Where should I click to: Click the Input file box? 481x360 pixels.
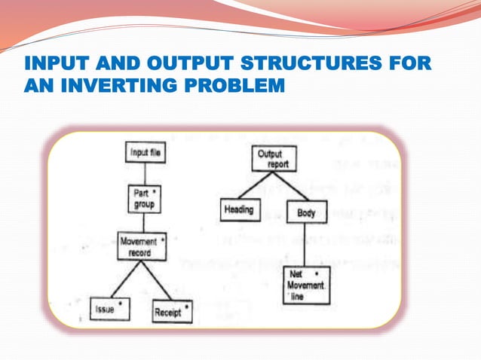coord(143,153)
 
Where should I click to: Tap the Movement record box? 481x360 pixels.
coord(141,247)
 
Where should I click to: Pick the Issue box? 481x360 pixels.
coord(109,307)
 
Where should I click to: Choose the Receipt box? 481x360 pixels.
coord(171,310)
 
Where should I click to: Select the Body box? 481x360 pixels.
coord(306,213)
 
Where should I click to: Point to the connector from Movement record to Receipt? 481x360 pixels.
coord(157,279)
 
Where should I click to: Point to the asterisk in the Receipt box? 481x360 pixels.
coord(187,304)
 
